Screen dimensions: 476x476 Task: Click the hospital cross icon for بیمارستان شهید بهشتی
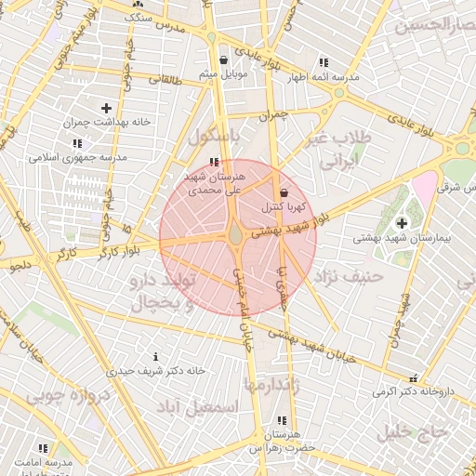(402, 223)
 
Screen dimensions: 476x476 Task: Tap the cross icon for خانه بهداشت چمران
(106, 108)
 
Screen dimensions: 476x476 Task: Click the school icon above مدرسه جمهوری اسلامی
(76, 143)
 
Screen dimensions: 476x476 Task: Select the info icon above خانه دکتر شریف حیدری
(155, 356)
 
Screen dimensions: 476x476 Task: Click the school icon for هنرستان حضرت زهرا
(282, 421)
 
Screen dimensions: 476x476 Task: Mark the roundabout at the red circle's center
(237, 237)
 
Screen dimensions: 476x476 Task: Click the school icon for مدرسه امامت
(43, 448)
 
